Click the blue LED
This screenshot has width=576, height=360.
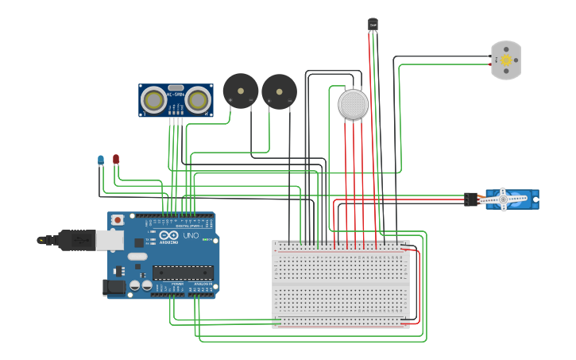[x=101, y=160]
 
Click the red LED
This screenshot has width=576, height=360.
[x=116, y=159]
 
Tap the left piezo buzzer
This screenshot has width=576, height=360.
[x=240, y=91]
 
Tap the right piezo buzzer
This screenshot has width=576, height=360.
[x=279, y=91]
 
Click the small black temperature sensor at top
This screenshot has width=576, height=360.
[x=373, y=25]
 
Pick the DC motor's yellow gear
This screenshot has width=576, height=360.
[x=505, y=60]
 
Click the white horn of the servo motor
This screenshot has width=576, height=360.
[x=504, y=199]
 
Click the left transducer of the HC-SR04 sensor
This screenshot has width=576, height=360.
[x=153, y=100]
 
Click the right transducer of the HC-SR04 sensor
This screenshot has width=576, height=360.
[x=199, y=100]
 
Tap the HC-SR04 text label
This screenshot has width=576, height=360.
[x=176, y=95]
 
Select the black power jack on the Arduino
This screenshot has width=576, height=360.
[x=115, y=287]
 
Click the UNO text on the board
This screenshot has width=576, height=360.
[x=191, y=236]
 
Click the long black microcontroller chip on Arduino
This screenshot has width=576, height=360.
[x=183, y=273]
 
